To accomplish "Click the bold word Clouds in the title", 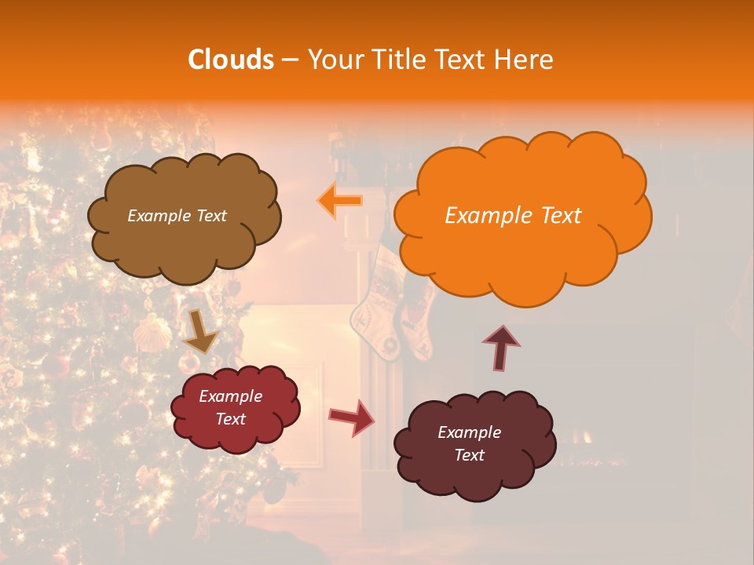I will click(230, 60).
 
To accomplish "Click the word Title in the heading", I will click(397, 60).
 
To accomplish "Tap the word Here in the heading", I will click(525, 60).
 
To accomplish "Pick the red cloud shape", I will click(236, 436).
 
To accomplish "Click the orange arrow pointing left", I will click(340, 201).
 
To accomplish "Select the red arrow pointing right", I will click(351, 417).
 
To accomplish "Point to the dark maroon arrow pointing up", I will click(501, 347).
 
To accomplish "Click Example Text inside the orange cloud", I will click(513, 216).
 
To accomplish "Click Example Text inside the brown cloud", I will click(177, 216).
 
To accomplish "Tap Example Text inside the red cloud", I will click(231, 407).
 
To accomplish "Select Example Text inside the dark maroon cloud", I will click(469, 443).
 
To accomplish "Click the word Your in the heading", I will click(335, 60).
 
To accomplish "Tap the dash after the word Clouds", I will click(290, 60).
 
